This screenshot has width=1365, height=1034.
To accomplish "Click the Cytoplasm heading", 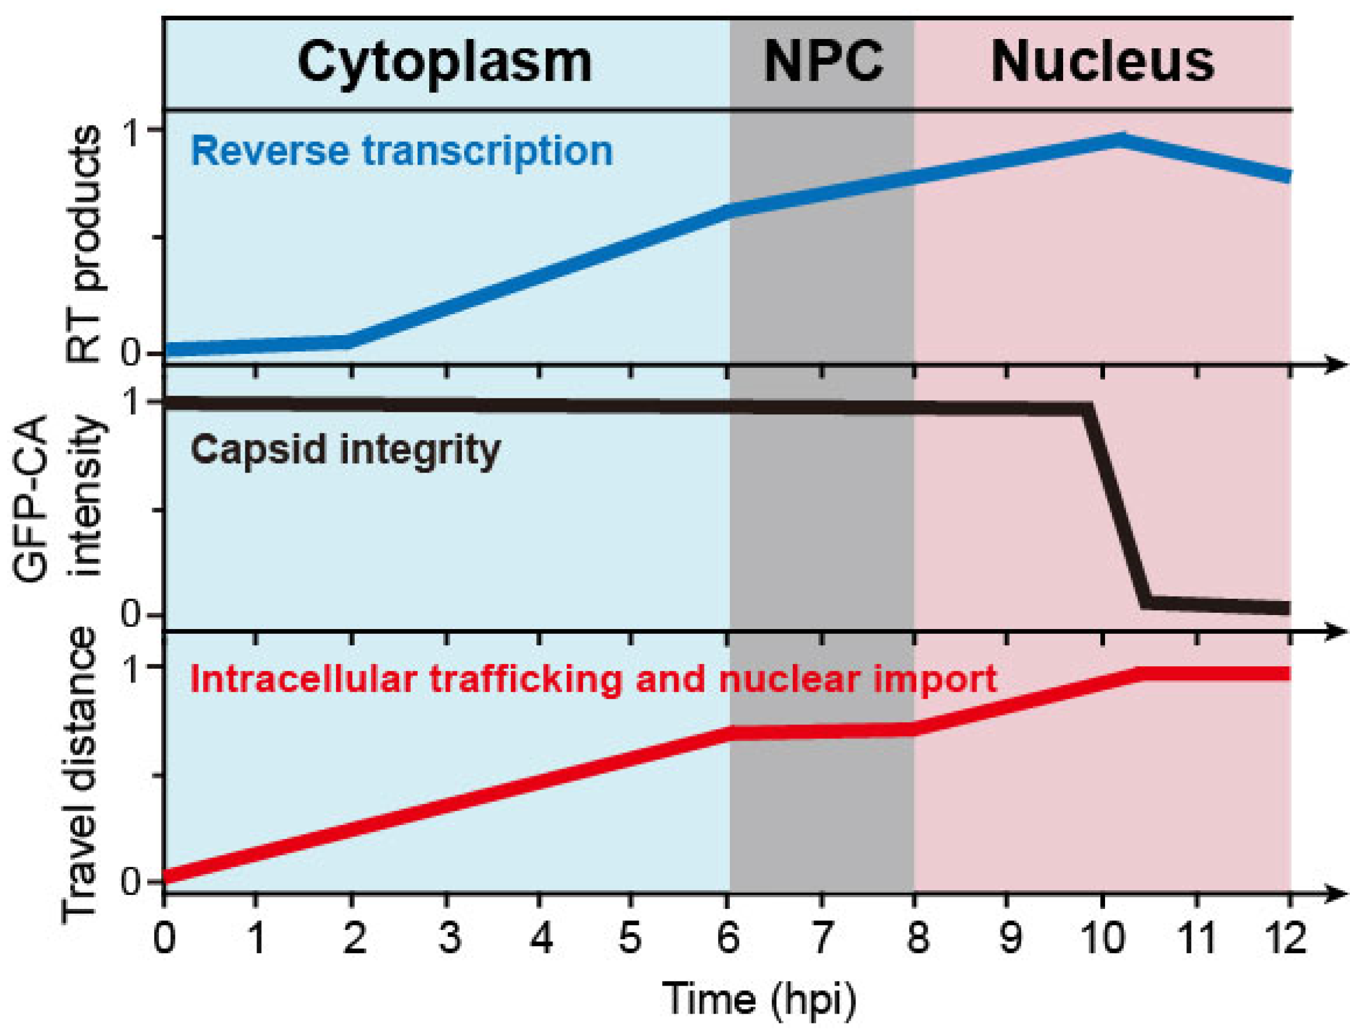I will [x=444, y=63].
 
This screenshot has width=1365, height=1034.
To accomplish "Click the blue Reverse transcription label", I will [x=402, y=151].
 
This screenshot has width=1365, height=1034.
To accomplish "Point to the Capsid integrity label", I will [x=345, y=449].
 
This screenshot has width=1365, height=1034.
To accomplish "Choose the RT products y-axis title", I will [x=83, y=244].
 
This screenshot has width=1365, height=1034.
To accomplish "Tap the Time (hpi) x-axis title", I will [x=759, y=999].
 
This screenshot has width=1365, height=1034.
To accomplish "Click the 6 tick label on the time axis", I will [x=729, y=939].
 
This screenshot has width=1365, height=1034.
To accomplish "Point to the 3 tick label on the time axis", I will [x=449, y=939].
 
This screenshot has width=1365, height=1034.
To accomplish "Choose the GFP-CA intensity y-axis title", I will [x=59, y=497].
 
